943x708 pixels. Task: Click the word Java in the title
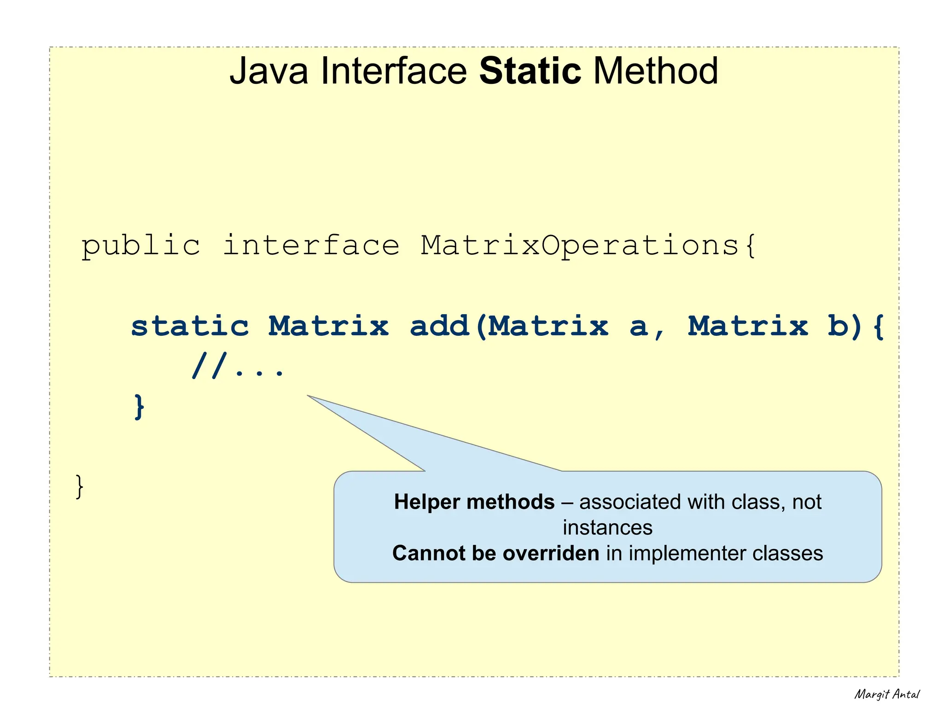268,71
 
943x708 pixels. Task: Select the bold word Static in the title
530,71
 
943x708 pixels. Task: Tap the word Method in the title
656,71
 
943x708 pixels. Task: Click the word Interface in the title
394,71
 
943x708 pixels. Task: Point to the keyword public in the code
141,246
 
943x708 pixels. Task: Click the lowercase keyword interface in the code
311,246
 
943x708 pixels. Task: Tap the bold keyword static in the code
190,326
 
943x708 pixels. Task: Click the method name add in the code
439,326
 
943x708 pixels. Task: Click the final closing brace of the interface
80,486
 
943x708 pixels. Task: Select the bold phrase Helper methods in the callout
474,502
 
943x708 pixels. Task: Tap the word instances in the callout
607,527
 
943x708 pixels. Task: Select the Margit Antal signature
886,694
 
